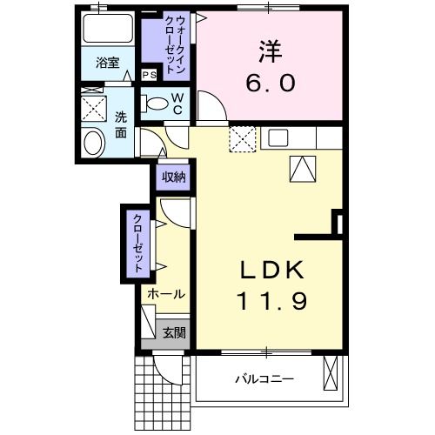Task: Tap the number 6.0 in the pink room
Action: point(271,84)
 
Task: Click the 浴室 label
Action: point(108,64)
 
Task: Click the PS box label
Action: point(150,75)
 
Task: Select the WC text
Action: point(177,105)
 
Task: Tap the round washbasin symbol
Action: point(90,143)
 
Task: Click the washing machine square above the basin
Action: point(93,108)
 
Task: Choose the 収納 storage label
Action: point(173,177)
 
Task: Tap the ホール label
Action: point(165,295)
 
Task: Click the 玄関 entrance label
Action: point(173,331)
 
